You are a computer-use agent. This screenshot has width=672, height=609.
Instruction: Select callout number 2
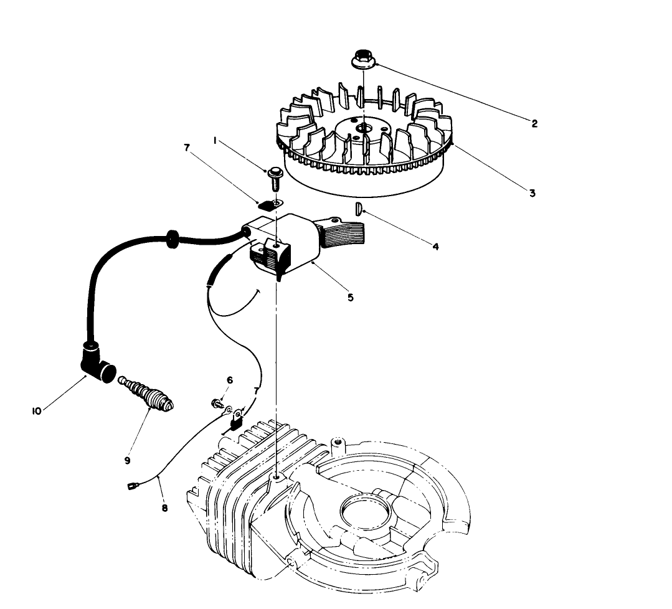(x=534, y=123)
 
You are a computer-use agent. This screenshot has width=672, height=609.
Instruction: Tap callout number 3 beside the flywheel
(x=532, y=193)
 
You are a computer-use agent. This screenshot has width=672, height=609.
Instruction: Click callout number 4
(x=435, y=247)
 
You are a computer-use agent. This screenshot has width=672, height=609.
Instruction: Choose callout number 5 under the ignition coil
(x=351, y=298)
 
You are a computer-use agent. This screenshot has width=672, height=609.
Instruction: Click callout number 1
(x=215, y=141)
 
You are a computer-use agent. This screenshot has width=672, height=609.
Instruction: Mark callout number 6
(x=229, y=379)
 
